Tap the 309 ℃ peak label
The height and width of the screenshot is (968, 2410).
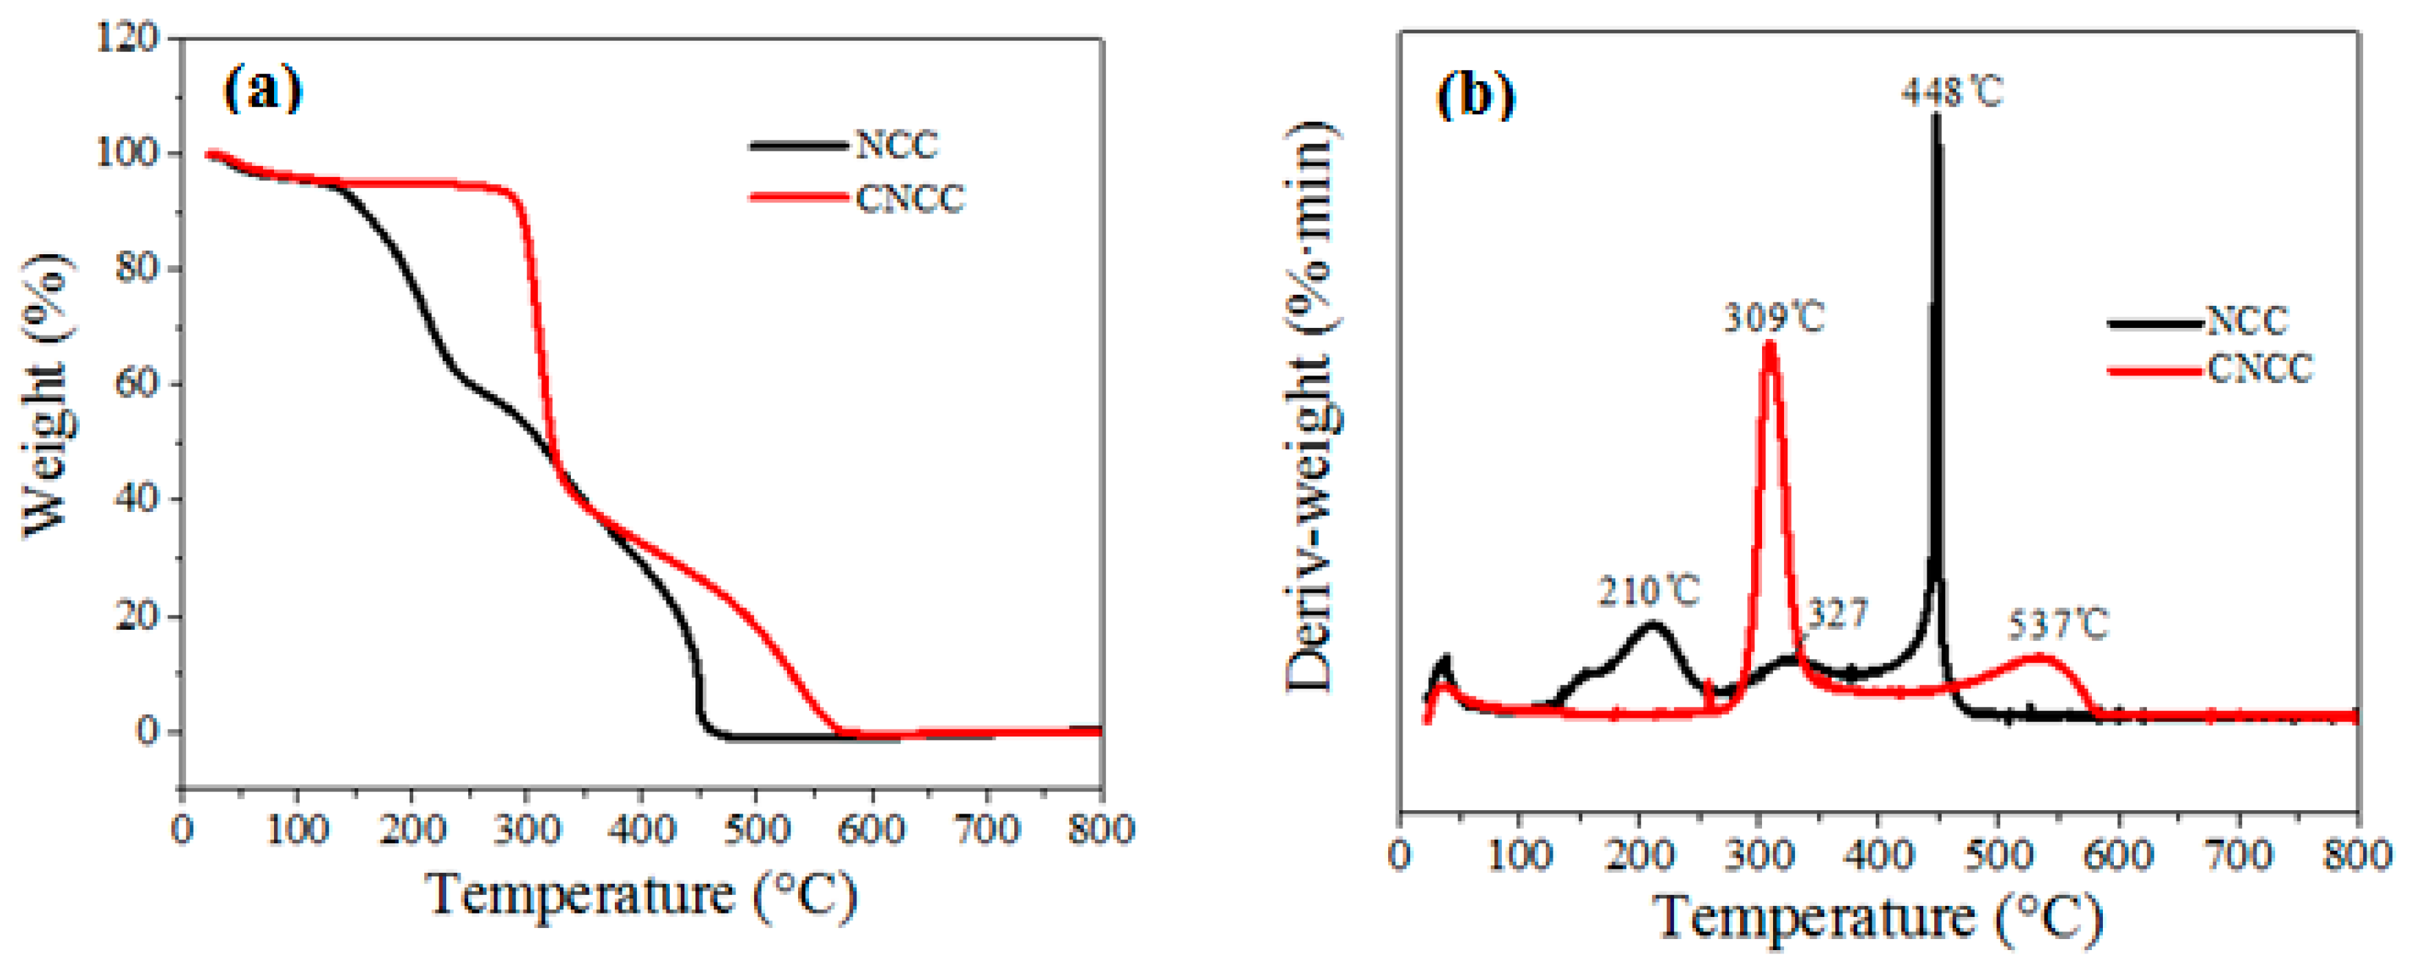point(1774,318)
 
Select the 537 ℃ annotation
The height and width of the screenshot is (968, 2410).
point(2057,624)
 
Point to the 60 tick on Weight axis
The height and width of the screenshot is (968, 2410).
point(136,384)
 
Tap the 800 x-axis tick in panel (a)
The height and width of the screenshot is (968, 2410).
point(1100,830)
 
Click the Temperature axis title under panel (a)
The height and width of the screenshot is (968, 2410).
point(641,895)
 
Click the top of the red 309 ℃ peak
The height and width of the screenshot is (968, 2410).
point(1769,344)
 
